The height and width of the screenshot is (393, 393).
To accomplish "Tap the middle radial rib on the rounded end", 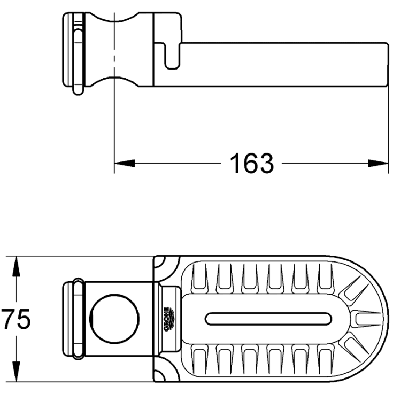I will (x=361, y=319).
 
